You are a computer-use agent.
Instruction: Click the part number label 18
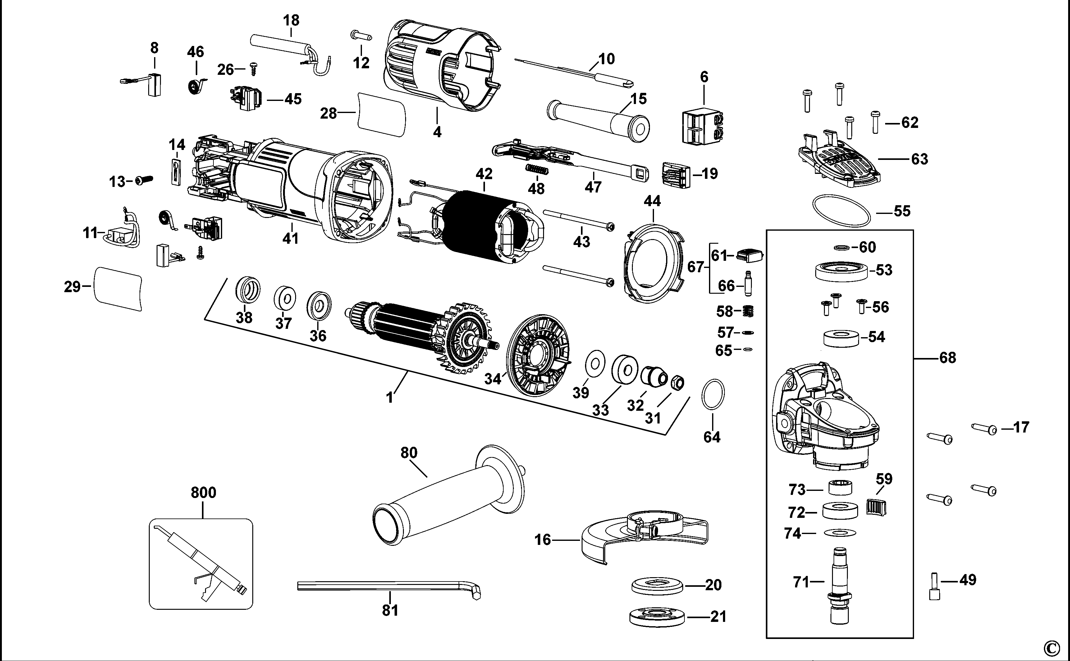coord(291,20)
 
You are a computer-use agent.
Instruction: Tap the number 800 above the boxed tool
coord(203,493)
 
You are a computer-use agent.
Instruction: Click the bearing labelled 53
coord(841,271)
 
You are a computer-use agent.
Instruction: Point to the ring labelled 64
coord(713,394)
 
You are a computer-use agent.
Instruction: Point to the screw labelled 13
coord(144,180)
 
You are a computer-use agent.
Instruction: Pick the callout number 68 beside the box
coord(948,358)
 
